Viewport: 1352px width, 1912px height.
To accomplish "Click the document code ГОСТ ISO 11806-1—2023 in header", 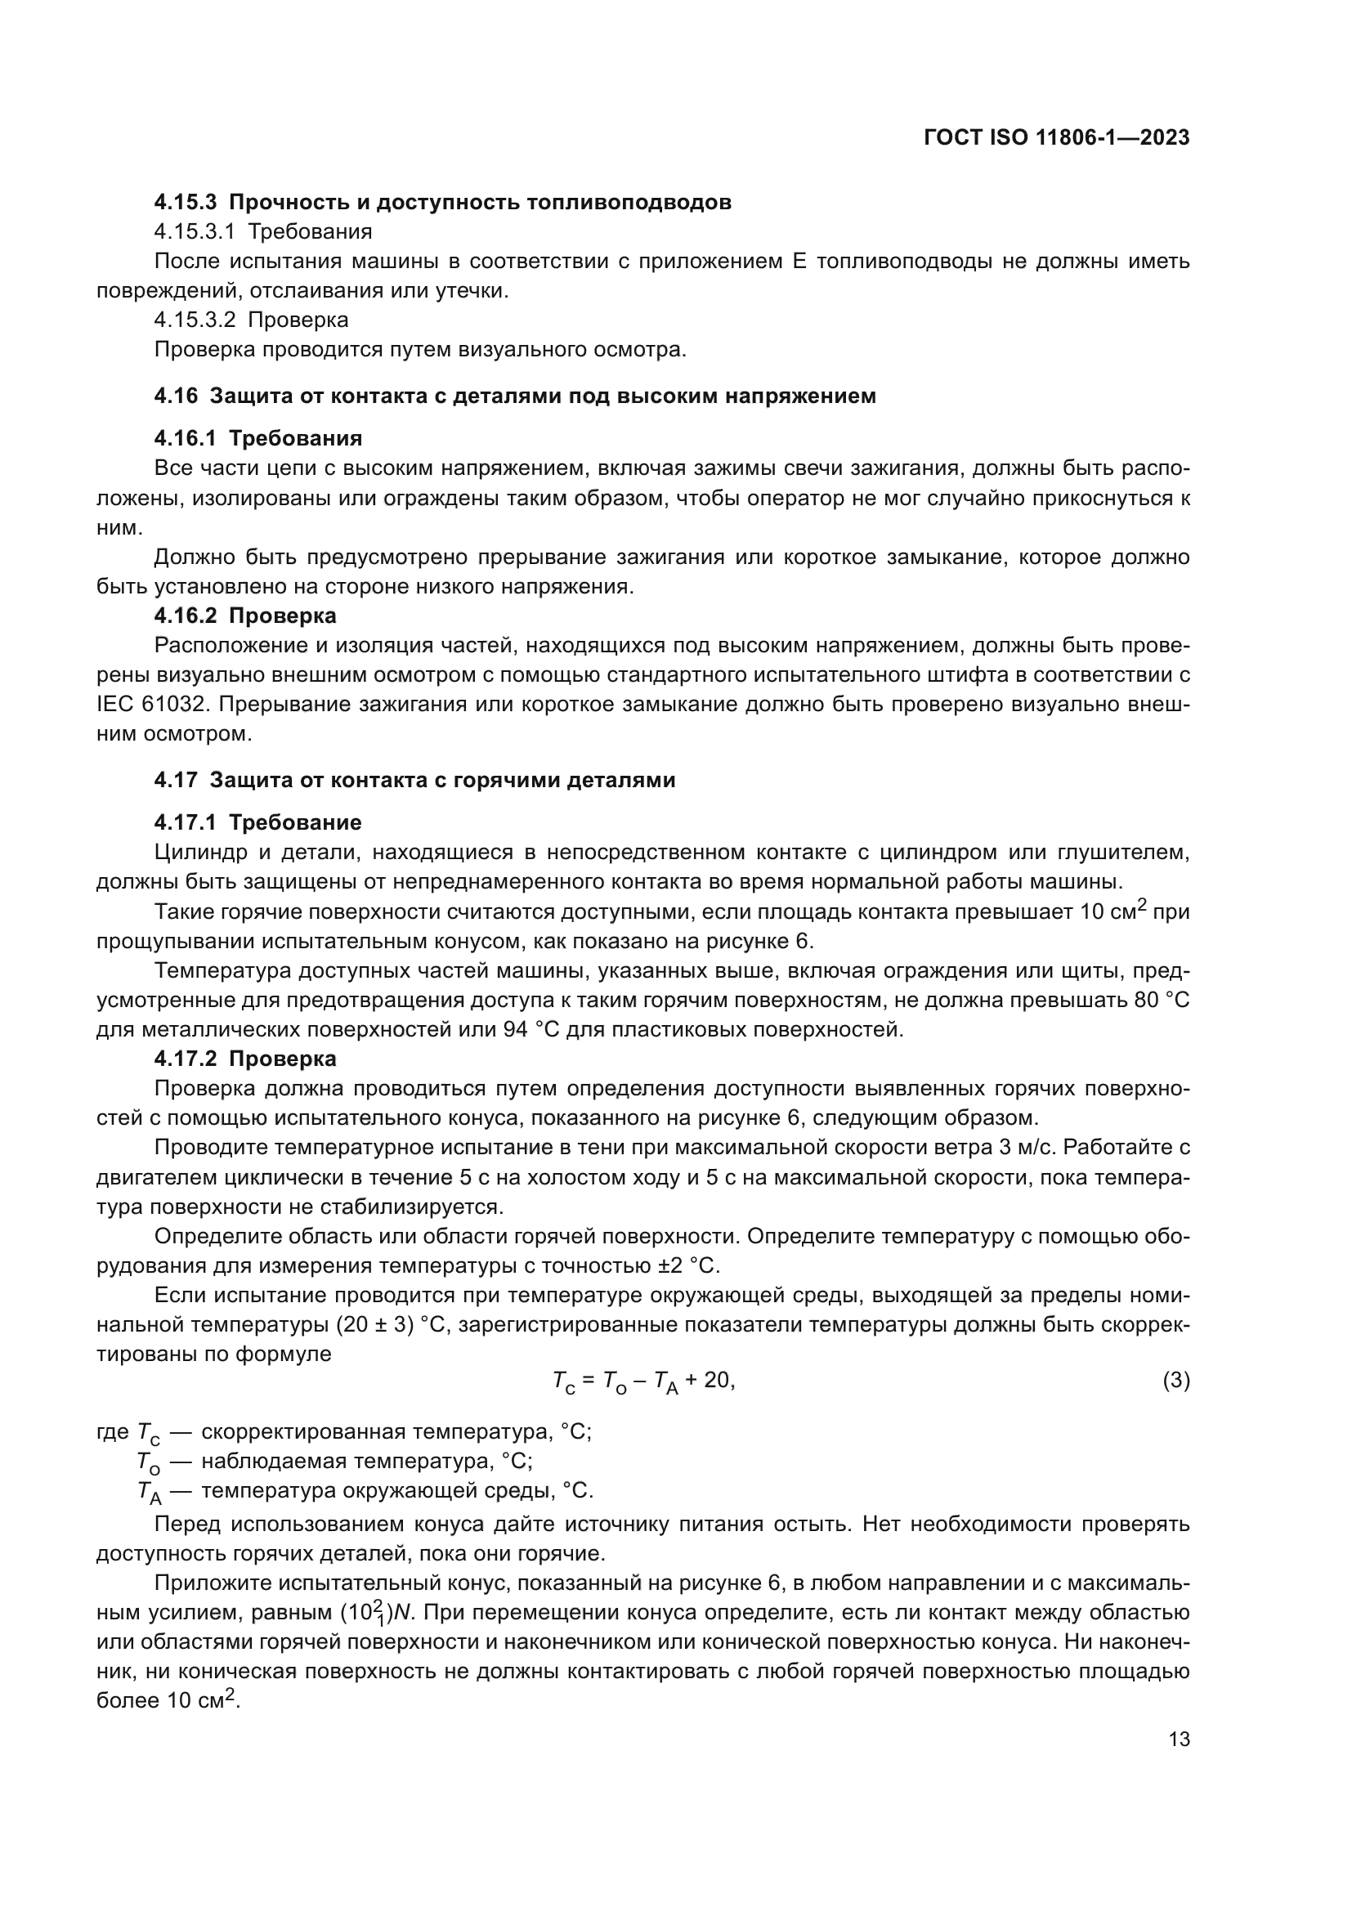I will pyautogui.click(x=1056, y=138).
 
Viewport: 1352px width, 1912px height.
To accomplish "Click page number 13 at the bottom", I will pyautogui.click(x=1179, y=1740).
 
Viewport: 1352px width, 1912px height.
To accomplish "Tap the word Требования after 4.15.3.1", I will pyautogui.click(x=310, y=231).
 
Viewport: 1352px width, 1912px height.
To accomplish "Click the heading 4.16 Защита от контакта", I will pyautogui.click(x=514, y=396).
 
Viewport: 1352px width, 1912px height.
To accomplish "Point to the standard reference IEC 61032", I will pyautogui.click(x=150, y=705).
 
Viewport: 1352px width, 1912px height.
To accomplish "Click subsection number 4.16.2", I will pyautogui.click(x=185, y=616).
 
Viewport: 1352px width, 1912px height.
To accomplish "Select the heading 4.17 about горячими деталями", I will pyautogui.click(x=414, y=781).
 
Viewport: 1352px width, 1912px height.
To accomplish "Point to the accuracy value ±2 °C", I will pyautogui.click(x=687, y=1265).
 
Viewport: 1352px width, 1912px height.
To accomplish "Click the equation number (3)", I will pyautogui.click(x=1175, y=1381).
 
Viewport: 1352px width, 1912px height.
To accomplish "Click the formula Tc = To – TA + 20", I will pyautogui.click(x=643, y=1381).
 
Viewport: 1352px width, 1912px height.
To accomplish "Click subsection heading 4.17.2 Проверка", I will pyautogui.click(x=245, y=1059).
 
